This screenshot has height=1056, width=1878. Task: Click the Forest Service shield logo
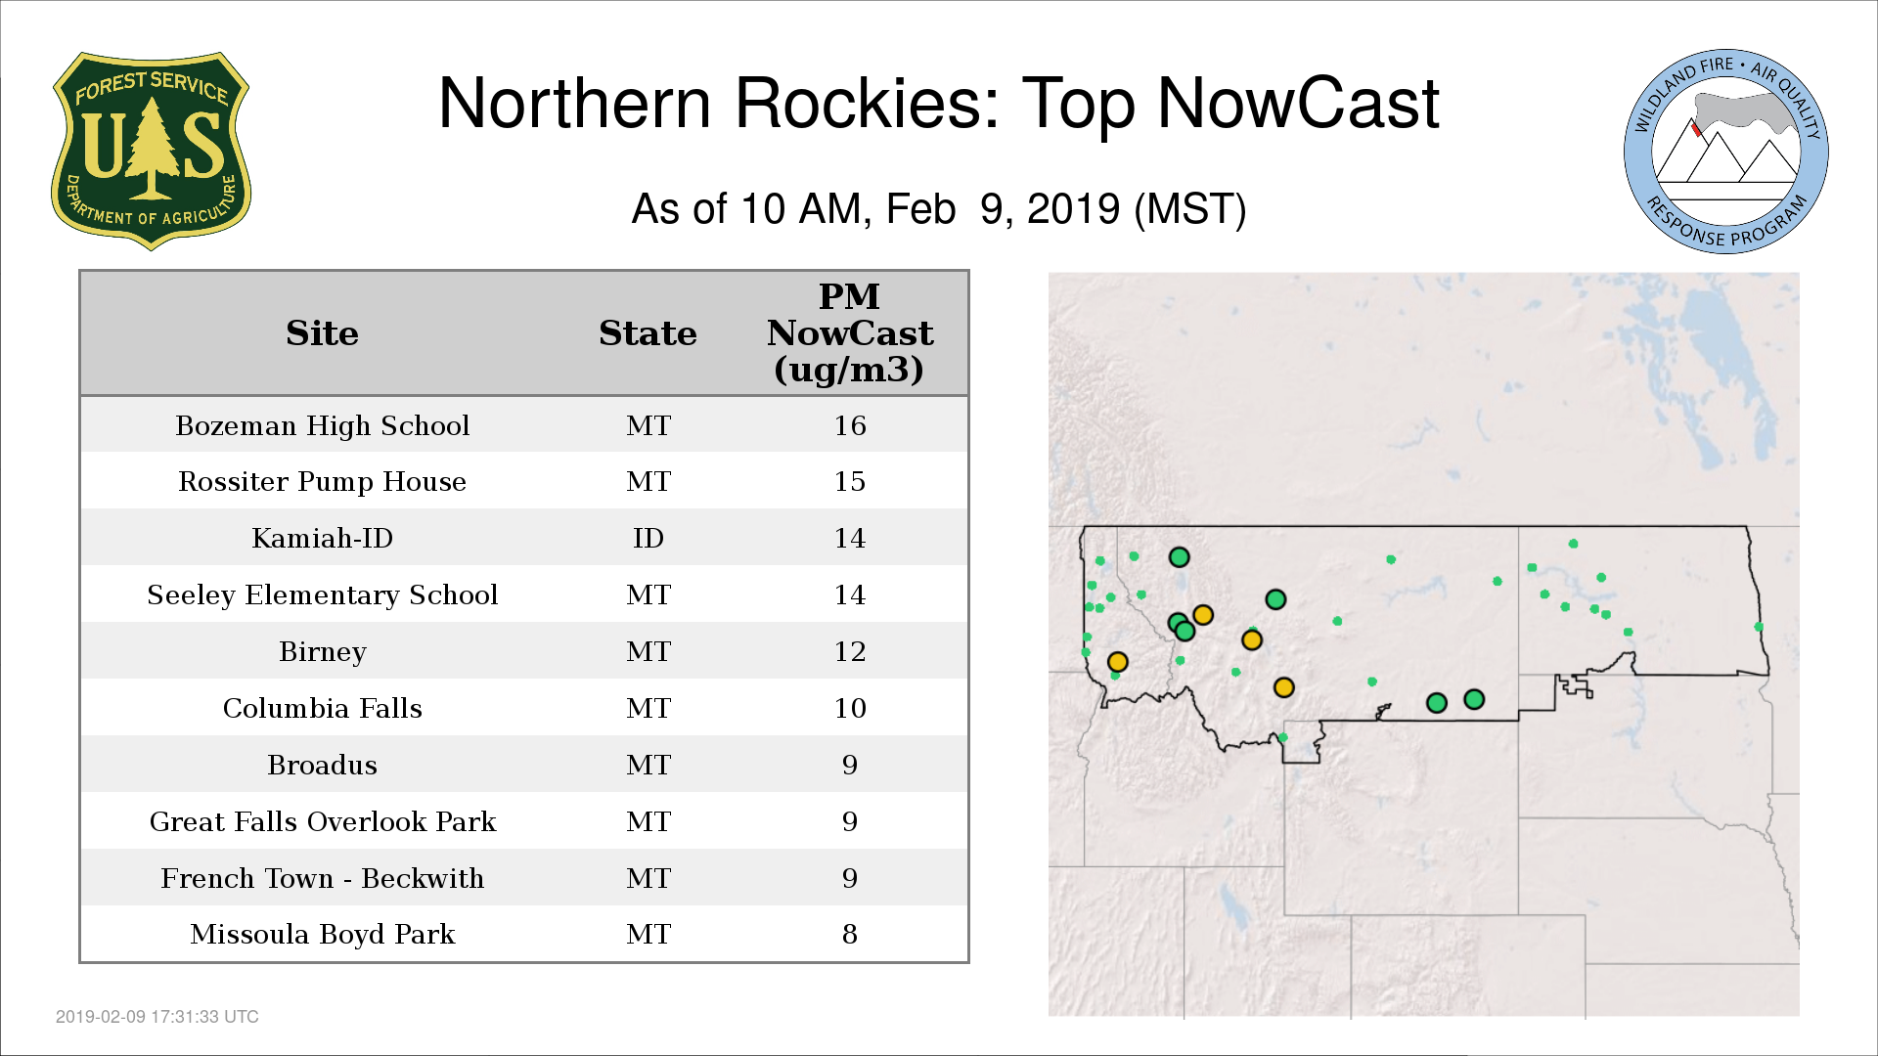coord(151,152)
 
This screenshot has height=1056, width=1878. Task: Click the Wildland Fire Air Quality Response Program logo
coord(1726,152)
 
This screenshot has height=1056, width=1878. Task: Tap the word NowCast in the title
coord(1298,104)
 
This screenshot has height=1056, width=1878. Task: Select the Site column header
coord(322,333)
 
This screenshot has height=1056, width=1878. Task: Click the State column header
coord(648,333)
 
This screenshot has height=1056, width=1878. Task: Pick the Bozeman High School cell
coord(323,425)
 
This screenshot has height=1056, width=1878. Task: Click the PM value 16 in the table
coord(850,425)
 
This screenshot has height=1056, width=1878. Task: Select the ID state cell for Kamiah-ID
coord(648,538)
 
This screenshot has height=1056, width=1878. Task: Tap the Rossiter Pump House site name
coord(323,481)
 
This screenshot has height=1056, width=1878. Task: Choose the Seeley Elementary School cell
coord(323,594)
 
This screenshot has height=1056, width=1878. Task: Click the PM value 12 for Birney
coord(850,651)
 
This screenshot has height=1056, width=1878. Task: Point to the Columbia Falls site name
coord(323,708)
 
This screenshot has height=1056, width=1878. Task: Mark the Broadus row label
coord(323,765)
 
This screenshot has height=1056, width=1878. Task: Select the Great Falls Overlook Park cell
coord(323,821)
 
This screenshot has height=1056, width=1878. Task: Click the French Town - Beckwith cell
coord(323,878)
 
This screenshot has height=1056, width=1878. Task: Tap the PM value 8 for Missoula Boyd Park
coord(850,934)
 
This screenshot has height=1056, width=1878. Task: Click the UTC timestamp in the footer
coord(157,1017)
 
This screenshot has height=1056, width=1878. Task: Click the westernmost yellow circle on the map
coord(1118,662)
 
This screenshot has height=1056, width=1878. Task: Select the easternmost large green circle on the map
coord(1474,699)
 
